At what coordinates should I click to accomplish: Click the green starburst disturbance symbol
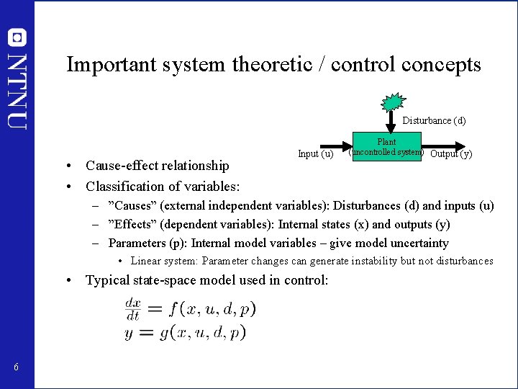[x=392, y=102]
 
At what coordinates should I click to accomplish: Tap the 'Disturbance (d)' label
[x=434, y=121]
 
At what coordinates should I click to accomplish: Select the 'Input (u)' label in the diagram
[x=315, y=153]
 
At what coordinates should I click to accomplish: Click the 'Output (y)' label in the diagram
[x=451, y=153]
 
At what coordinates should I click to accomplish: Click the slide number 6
[x=16, y=368]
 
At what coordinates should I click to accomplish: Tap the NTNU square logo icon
[x=17, y=37]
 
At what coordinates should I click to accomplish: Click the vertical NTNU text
[x=17, y=89]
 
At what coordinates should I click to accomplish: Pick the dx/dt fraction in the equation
[x=133, y=309]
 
